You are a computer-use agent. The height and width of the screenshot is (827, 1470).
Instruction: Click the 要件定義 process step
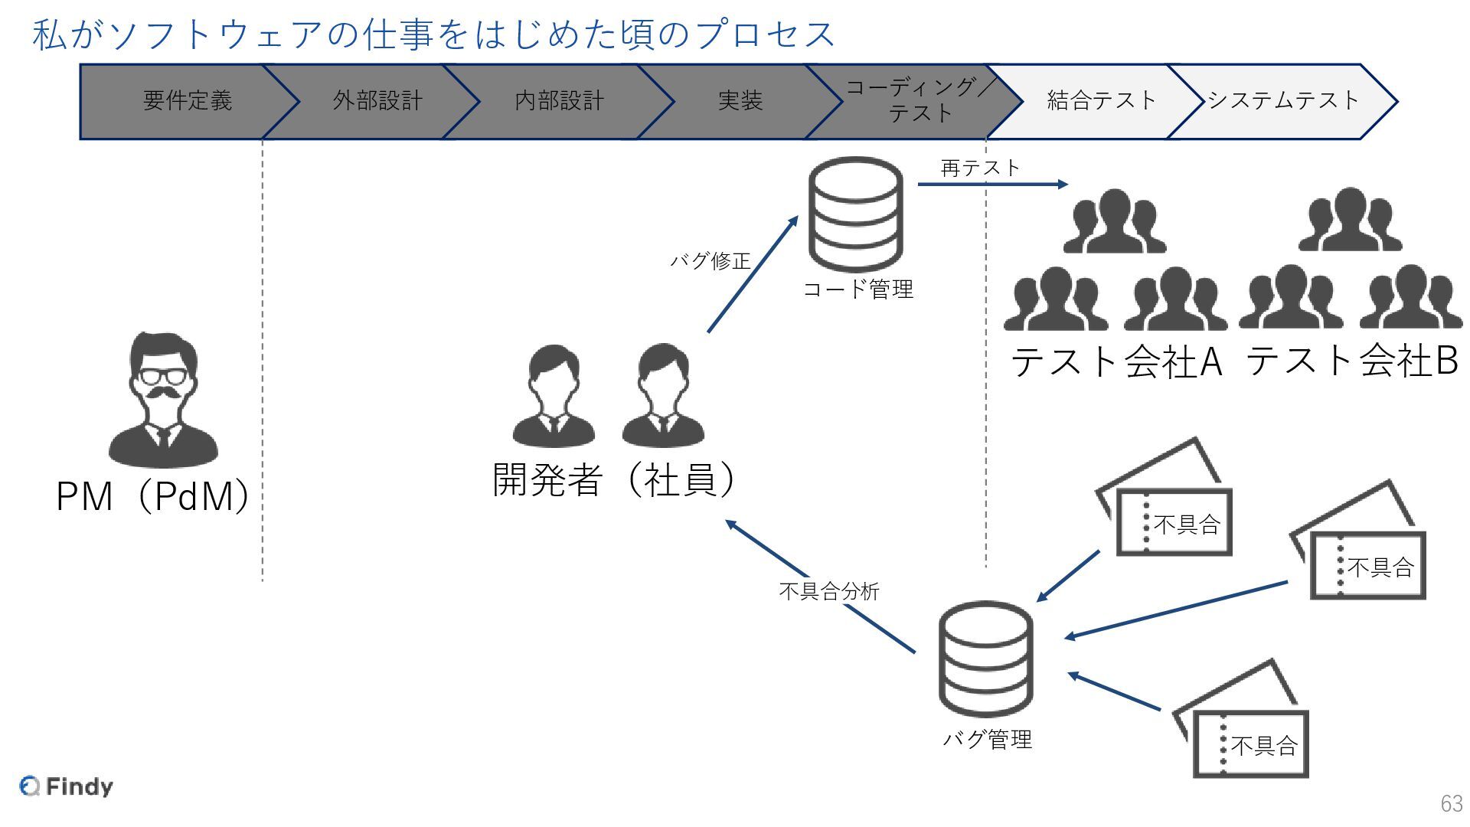[x=188, y=101]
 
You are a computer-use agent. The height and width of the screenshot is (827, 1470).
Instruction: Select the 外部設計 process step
[x=377, y=101]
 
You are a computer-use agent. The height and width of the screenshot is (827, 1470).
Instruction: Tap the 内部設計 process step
[x=559, y=101]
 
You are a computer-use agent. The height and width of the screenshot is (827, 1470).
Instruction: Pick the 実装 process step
[x=740, y=101]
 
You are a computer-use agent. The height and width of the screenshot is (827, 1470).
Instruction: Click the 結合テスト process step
[x=1101, y=101]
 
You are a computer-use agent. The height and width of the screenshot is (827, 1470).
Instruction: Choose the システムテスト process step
[x=1282, y=101]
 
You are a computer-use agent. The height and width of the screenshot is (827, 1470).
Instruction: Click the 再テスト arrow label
[x=980, y=168]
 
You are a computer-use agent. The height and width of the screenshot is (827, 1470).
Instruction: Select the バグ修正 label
[x=710, y=261]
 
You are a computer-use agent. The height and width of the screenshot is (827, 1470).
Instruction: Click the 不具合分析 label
[x=829, y=591]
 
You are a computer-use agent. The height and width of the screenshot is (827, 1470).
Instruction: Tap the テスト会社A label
[x=1116, y=361]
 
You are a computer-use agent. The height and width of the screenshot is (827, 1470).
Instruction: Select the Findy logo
[x=67, y=786]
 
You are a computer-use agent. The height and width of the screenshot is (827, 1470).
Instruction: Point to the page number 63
[x=1451, y=803]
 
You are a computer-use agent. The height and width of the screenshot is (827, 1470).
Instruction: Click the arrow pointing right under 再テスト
[x=992, y=185]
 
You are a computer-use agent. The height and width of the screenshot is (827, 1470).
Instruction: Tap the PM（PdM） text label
[x=153, y=496]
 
